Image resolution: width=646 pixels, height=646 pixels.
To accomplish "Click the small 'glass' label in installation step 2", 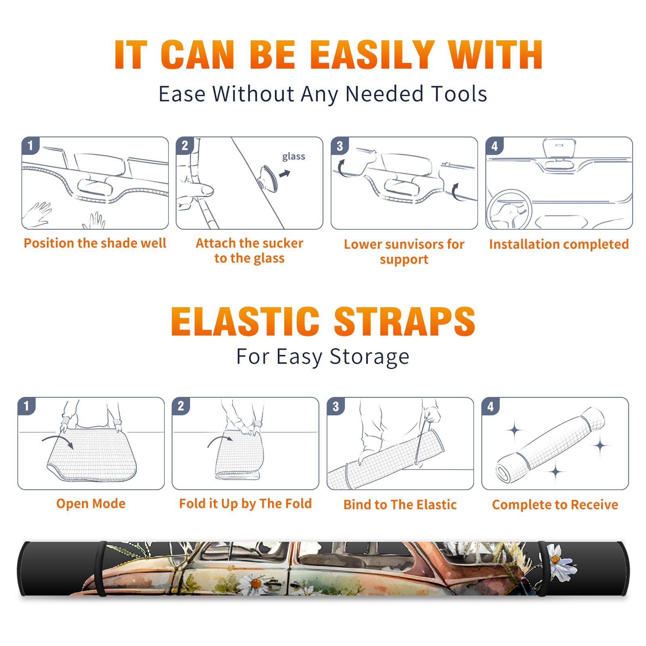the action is pyautogui.click(x=294, y=157).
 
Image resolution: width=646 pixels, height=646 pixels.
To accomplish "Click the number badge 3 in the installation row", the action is pyautogui.click(x=340, y=146).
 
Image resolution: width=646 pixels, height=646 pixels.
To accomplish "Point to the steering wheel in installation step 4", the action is pyautogui.click(x=509, y=210).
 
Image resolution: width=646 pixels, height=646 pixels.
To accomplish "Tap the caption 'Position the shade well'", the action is pyautogui.click(x=95, y=243).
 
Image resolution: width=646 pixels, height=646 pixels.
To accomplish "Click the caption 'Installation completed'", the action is pyautogui.click(x=559, y=244).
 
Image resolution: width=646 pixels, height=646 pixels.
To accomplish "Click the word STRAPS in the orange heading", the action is pyautogui.click(x=405, y=321).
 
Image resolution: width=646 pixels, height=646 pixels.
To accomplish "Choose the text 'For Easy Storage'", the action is pyautogui.click(x=323, y=357).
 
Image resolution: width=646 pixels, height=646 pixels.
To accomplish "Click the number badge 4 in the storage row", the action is pyautogui.click(x=491, y=406).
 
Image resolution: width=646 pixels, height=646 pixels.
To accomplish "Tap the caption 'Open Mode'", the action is pyautogui.click(x=91, y=503).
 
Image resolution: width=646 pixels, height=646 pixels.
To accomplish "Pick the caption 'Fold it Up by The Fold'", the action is pyautogui.click(x=245, y=504).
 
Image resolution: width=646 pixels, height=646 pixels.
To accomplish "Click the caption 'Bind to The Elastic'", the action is pyautogui.click(x=400, y=505).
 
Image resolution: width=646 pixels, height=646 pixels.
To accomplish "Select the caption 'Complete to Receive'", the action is pyautogui.click(x=555, y=505).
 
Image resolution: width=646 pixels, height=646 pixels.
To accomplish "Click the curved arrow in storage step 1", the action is pyautogui.click(x=58, y=438).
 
